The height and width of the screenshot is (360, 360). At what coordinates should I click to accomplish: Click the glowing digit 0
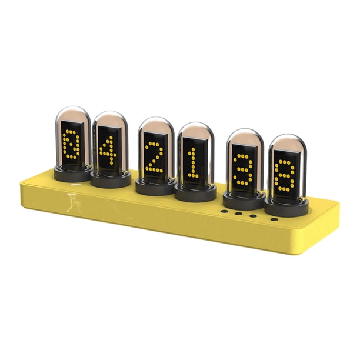[x=71, y=144]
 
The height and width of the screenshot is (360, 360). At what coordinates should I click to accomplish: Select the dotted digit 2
[x=154, y=156]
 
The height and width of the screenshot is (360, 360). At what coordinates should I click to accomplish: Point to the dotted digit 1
[x=193, y=163]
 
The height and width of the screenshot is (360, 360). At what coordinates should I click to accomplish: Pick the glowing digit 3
[x=243, y=169]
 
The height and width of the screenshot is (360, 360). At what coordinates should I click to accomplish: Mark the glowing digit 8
[x=285, y=175]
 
